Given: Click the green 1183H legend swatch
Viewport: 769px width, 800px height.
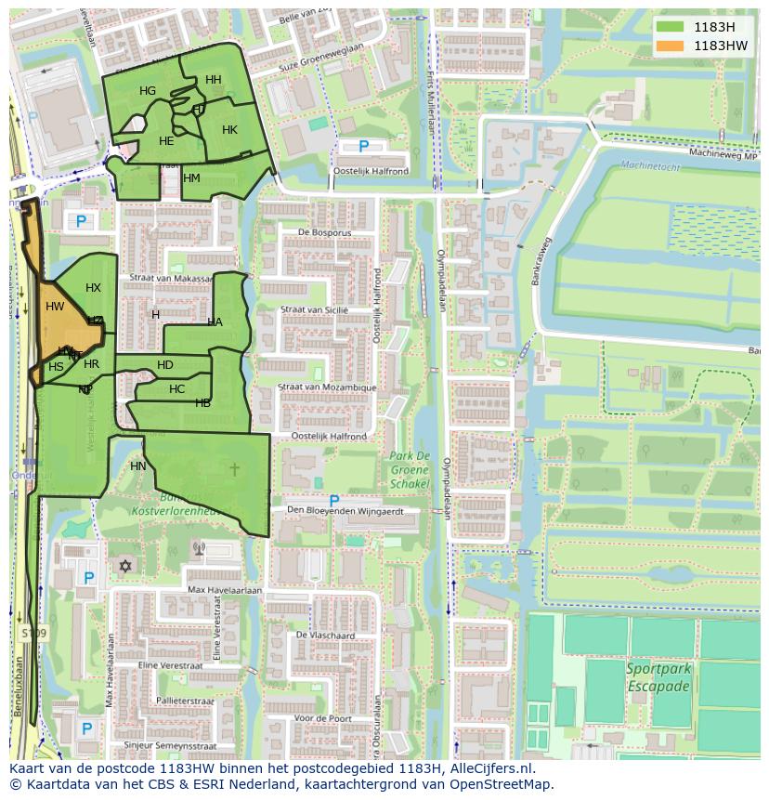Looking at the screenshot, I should (669, 27).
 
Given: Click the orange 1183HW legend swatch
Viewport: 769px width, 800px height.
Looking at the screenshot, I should (669, 46).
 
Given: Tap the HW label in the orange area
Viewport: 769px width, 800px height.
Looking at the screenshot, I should (55, 307).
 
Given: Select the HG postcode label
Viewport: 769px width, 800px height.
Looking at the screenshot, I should (148, 91).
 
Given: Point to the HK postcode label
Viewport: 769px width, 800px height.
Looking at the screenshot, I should (229, 130).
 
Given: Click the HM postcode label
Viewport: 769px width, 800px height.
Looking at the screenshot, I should (191, 178).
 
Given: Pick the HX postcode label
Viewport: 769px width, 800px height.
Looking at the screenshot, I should (93, 288).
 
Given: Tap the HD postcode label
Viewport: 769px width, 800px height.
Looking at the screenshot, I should (165, 365).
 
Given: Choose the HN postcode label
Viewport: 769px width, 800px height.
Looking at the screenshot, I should (138, 466).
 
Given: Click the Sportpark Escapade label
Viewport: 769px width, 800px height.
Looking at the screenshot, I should (658, 677).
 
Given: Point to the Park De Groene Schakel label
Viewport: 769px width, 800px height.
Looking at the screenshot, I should (410, 469).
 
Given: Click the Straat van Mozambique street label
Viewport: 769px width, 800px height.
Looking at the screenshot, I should (328, 387).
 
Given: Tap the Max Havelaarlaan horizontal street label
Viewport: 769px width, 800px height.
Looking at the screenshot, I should (225, 590).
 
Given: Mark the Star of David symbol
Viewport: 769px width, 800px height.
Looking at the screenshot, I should (125, 566).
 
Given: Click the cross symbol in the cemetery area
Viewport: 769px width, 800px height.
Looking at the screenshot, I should (234, 469).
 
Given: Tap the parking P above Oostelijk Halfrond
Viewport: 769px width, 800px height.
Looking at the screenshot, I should (363, 146).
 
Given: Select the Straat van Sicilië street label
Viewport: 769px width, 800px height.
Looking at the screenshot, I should (314, 309).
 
